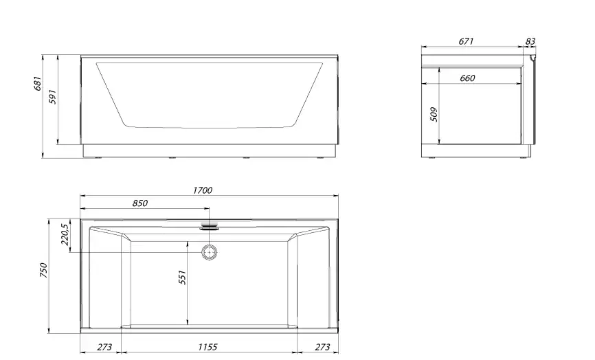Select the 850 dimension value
pos(139,203)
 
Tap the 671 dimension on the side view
pos(466,42)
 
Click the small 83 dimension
pos(530,42)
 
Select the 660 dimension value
pos(467,78)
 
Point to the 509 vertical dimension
pos(433,113)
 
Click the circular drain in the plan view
pos(209,252)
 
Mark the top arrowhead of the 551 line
pos(188,243)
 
